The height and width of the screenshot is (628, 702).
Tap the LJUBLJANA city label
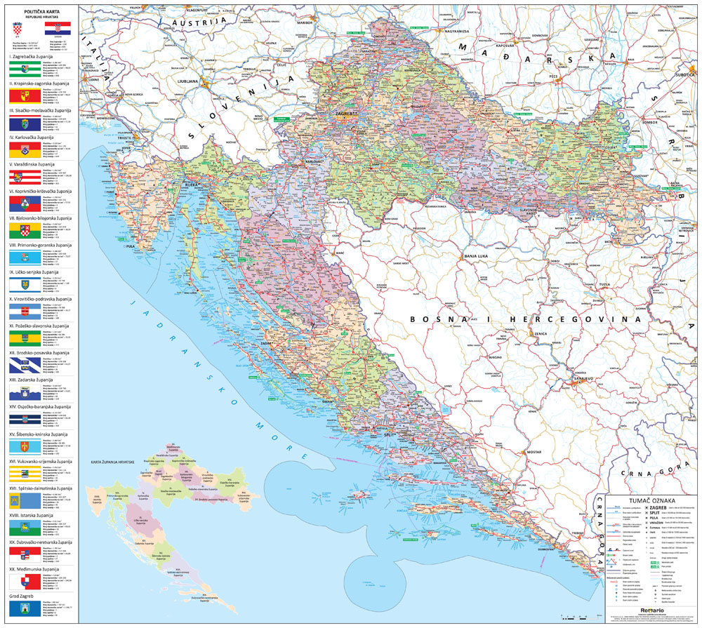coord(189,81)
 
